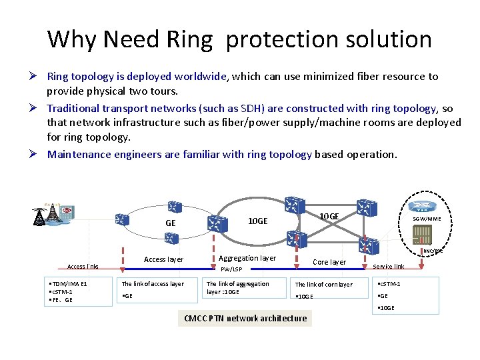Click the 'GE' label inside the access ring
170,223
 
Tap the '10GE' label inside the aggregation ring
258,221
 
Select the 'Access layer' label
163,259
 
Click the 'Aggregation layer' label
247,258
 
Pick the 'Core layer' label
329,262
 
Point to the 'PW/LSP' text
231,270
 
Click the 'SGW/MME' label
426,219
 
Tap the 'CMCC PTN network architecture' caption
245,318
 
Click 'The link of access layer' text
153,284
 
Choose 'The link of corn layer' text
324,285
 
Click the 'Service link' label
388,267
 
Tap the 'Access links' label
83,267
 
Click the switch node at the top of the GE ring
175,207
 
